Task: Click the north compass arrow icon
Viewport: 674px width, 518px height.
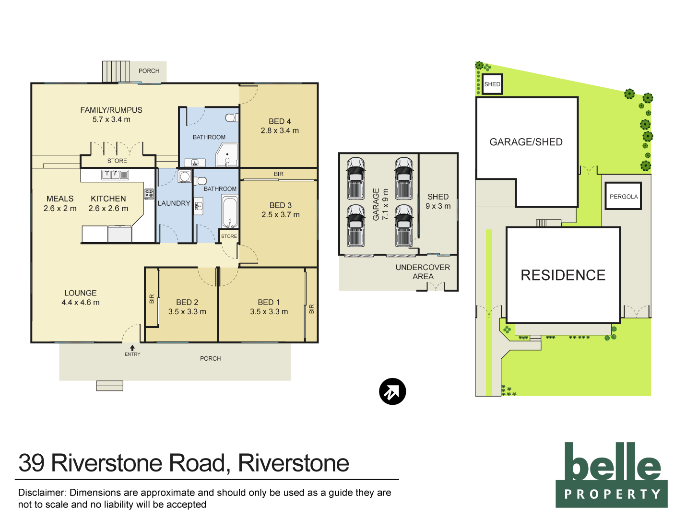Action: (x=392, y=391)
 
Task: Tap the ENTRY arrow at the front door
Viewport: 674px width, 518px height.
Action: (x=132, y=348)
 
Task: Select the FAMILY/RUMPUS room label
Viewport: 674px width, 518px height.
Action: (x=111, y=110)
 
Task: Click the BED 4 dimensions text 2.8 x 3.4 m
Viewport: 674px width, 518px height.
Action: (x=280, y=130)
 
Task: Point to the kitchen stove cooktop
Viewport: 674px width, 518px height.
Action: (x=149, y=194)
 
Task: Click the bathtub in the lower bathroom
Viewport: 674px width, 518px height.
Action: (x=230, y=212)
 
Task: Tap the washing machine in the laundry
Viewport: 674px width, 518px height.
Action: (x=185, y=177)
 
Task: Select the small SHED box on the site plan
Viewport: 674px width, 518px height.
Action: (x=492, y=84)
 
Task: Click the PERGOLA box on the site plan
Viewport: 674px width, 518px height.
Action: (x=623, y=196)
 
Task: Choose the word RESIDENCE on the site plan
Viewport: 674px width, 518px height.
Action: (x=563, y=275)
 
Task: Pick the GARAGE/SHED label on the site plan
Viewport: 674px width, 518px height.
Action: (x=526, y=142)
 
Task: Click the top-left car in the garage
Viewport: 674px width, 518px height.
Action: (x=355, y=177)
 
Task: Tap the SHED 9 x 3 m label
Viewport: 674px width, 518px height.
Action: (x=438, y=201)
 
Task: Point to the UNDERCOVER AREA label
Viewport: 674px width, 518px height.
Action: (x=423, y=272)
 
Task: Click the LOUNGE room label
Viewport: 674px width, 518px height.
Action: (x=81, y=293)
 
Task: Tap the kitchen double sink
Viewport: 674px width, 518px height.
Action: (x=111, y=175)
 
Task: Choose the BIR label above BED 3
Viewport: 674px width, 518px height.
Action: (x=279, y=174)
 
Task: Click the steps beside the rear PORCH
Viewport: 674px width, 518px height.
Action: (x=116, y=71)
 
